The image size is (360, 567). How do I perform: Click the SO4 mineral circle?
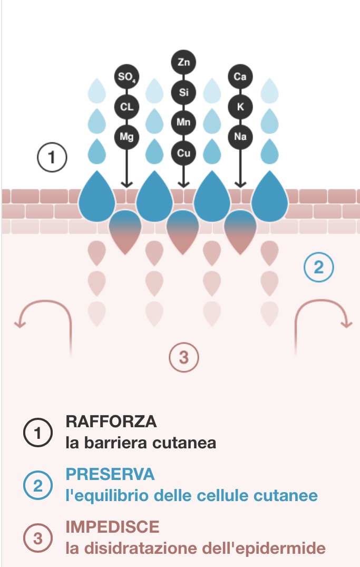127,77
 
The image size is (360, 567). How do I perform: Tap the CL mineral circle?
127,107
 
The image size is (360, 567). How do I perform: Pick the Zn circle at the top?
183,62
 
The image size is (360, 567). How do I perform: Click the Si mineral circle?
183,93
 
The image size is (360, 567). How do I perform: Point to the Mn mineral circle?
183,123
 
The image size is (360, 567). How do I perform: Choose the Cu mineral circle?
183,153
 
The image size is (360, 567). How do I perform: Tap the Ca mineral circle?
240,77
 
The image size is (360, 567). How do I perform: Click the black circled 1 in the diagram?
52,157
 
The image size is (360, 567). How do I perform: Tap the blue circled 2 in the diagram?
318,268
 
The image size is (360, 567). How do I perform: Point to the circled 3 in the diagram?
183,358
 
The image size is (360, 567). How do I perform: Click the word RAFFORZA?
111,422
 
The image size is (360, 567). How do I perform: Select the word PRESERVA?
110,474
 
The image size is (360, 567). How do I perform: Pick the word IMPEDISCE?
112,526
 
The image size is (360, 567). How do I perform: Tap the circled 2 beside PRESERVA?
38,485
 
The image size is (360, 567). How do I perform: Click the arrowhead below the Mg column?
127,184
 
